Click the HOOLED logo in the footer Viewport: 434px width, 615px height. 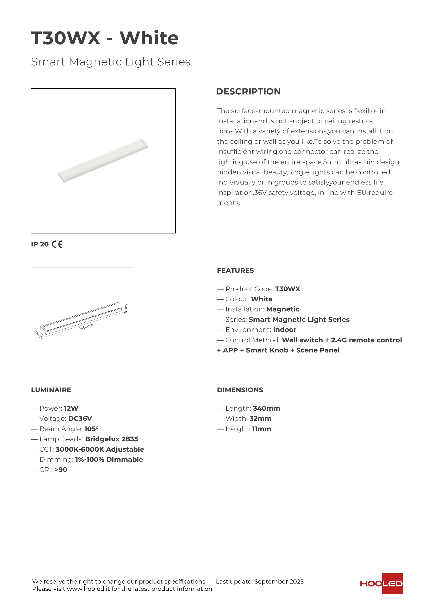[381, 584]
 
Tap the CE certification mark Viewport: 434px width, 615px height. [57, 244]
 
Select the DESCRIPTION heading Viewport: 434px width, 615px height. [248, 92]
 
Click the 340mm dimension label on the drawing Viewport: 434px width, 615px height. [86, 327]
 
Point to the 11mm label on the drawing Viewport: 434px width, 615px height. [126, 309]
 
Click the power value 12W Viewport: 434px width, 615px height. [71, 409]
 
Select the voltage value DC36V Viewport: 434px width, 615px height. [80, 419]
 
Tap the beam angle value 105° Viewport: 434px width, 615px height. [92, 429]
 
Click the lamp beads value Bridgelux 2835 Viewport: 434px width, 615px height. [112, 439]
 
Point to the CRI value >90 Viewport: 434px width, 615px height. [61, 470]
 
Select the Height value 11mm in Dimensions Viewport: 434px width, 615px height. [261, 429]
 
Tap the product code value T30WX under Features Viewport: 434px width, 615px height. [287, 289]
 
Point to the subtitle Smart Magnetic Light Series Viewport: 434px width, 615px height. [111, 62]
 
